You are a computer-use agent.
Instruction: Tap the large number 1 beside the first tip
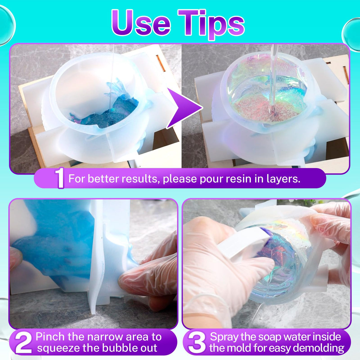tap(60, 179)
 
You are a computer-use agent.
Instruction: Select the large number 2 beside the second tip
tap(23, 343)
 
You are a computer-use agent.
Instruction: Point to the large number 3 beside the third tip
tap(197, 343)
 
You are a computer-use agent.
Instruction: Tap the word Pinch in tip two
tap(50, 337)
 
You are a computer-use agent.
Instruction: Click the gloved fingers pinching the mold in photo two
tap(139, 279)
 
